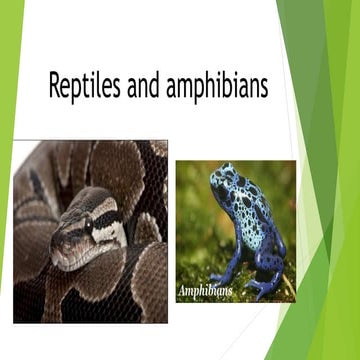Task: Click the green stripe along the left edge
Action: click(x=7, y=180)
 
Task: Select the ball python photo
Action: click(x=90, y=230)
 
